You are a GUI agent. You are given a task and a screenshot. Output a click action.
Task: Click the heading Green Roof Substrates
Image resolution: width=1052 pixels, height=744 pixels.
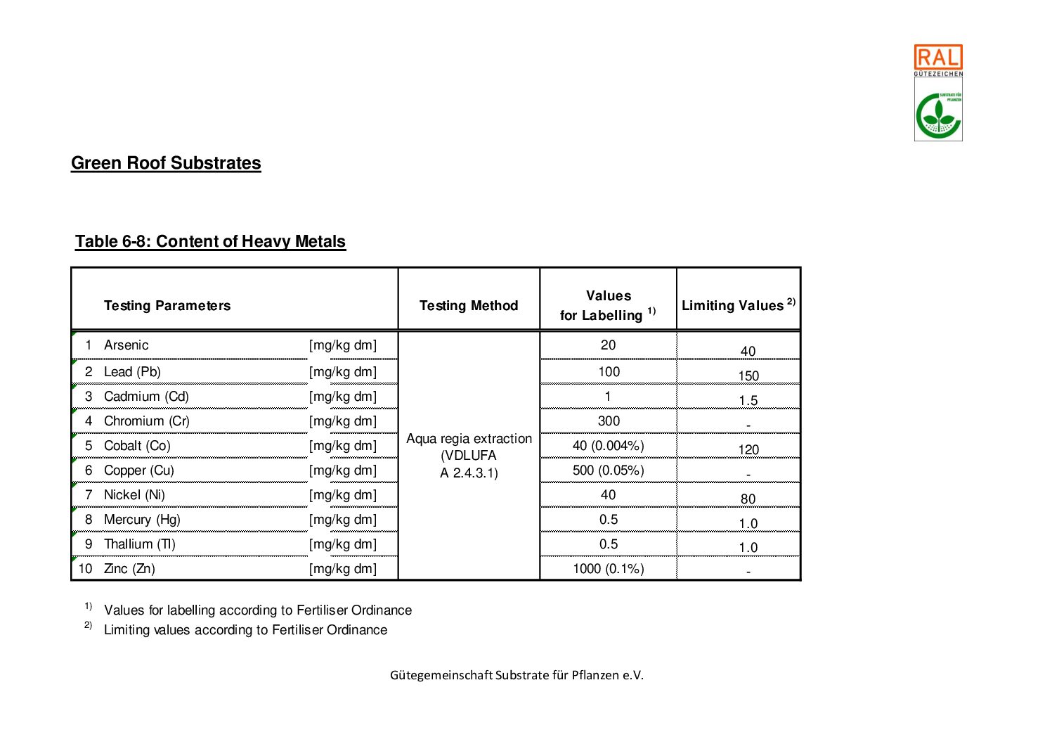[166, 163]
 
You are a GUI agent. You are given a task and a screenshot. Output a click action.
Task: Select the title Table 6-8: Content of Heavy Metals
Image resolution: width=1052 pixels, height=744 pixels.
[210, 241]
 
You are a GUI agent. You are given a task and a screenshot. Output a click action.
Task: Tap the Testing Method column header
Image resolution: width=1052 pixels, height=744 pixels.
[469, 306]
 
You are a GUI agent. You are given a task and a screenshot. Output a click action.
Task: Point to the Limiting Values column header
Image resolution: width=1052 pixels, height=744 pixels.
[738, 305]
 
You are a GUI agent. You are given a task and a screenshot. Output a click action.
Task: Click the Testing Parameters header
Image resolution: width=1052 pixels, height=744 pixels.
[167, 306]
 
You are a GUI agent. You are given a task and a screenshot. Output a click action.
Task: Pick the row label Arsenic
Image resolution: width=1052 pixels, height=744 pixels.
[126, 345]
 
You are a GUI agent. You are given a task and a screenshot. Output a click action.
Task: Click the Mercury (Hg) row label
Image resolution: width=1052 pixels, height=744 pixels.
[142, 520]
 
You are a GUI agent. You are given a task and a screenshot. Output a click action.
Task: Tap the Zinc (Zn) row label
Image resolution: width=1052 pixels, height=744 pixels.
[129, 569]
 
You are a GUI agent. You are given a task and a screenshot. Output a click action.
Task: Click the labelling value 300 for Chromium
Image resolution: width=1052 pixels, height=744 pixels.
[609, 421]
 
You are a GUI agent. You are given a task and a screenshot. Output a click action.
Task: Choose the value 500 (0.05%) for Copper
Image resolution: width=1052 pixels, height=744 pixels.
[609, 470]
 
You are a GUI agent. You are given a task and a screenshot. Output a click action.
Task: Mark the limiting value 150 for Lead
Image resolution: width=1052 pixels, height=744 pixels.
[748, 376]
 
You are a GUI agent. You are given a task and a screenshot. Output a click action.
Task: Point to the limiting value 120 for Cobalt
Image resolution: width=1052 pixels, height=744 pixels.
[748, 450]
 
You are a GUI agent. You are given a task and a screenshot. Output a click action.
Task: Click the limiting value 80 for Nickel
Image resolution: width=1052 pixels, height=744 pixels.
[748, 499]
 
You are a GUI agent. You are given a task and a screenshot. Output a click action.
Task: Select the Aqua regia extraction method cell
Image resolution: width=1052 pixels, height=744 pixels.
[469, 456]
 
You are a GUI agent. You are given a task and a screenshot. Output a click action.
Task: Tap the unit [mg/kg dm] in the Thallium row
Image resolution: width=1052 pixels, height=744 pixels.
[343, 544]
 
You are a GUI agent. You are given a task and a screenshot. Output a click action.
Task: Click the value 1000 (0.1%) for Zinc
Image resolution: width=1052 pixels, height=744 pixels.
[609, 569]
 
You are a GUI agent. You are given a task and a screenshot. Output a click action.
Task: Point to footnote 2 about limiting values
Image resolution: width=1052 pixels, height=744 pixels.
[245, 630]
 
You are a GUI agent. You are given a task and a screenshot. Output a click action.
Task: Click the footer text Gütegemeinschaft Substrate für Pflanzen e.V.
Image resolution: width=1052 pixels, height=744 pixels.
[517, 675]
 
